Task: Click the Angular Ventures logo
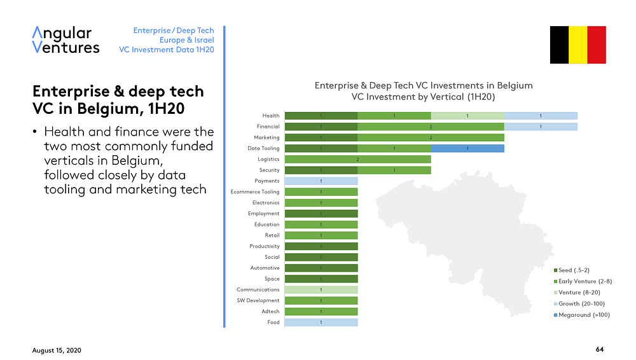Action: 66,39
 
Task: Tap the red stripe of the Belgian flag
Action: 597,45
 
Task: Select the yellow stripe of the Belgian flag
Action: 578,45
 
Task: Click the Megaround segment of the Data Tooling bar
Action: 467,148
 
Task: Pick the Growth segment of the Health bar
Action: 541,116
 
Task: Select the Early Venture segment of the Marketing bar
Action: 431,137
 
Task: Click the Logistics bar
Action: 357,159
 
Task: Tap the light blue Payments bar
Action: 321,181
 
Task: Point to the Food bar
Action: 321,322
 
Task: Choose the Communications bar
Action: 321,290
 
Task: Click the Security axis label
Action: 269,170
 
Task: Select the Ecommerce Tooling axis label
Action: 254,192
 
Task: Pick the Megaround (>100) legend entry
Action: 584,314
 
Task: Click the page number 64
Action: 600,350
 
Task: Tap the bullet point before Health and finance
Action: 36,133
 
